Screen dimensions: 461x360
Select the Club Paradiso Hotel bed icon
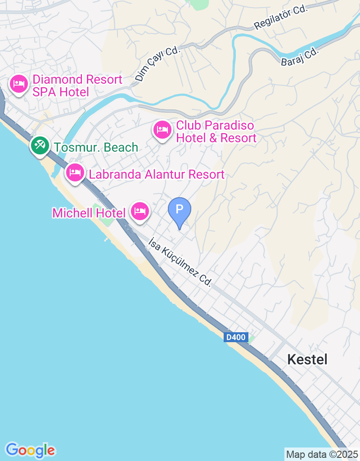[x=162, y=130]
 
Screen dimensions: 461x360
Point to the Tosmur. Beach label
[x=96, y=147]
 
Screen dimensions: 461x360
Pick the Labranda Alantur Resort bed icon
[x=75, y=172]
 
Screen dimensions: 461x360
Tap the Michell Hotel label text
[x=89, y=213]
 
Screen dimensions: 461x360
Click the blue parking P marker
[x=180, y=210]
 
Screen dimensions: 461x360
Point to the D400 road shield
[x=236, y=337]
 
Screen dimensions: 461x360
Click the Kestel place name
[x=307, y=359]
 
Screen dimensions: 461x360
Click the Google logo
[x=31, y=450]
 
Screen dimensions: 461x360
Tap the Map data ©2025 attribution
[x=322, y=454]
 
